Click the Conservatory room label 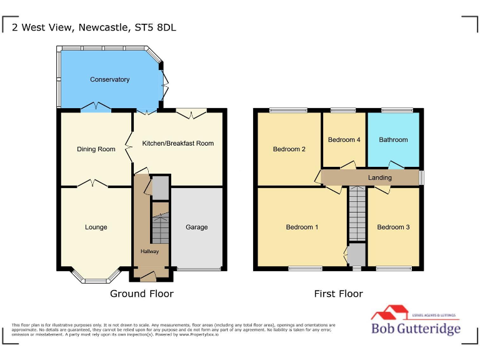[x=109, y=79]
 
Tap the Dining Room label [x=96, y=149]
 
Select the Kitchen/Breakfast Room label [x=177, y=143]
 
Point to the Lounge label [x=96, y=227]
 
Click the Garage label [x=196, y=227]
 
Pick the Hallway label [x=149, y=251]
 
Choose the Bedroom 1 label [x=302, y=227]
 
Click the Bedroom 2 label [x=289, y=149]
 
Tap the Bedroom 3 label [x=393, y=227]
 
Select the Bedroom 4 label [x=344, y=140]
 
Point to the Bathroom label [x=393, y=140]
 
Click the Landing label [x=380, y=177]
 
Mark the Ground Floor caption [x=142, y=294]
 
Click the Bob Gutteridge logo [x=416, y=322]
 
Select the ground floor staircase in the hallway [x=161, y=228]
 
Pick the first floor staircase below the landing [x=357, y=214]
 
